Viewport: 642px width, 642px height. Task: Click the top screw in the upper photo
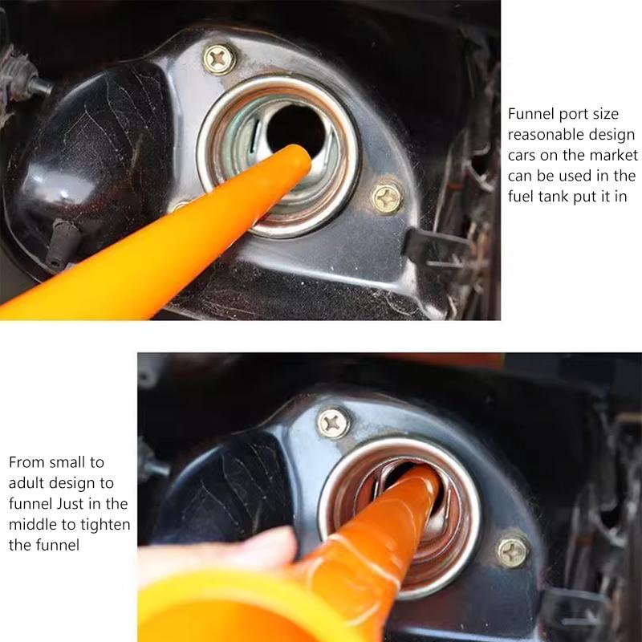click(218, 58)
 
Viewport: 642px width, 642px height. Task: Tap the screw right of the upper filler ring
click(387, 197)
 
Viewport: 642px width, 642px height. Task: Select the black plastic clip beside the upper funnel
click(62, 241)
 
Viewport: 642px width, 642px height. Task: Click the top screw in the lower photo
click(333, 422)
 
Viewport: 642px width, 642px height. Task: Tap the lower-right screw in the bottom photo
click(511, 552)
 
